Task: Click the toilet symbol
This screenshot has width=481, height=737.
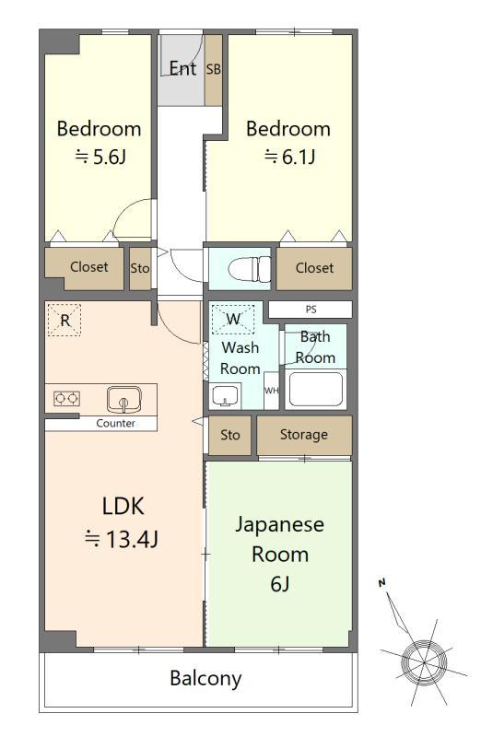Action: [x=249, y=269]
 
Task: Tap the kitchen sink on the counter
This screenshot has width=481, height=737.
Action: [x=123, y=399]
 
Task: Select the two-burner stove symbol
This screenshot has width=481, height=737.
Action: [x=66, y=399]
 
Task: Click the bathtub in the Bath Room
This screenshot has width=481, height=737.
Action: [x=315, y=389]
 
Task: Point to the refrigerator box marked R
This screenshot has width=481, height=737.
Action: [x=65, y=320]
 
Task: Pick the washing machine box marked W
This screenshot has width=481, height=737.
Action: [x=233, y=320]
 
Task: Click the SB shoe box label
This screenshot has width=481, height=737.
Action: [x=214, y=69]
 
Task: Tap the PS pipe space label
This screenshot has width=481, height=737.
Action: [x=311, y=310]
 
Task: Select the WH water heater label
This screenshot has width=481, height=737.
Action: [x=271, y=391]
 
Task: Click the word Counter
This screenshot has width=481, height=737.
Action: [x=116, y=423]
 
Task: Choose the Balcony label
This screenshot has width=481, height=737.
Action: [x=205, y=678]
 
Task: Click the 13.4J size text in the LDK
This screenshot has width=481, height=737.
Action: [x=122, y=539]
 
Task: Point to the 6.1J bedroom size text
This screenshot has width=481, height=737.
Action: [x=289, y=157]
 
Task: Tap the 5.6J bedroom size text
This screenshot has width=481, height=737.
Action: [x=100, y=157]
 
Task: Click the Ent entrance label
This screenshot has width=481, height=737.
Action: [x=182, y=68]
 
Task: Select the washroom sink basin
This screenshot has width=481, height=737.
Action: [x=224, y=395]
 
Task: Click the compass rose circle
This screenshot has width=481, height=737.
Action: [x=424, y=662]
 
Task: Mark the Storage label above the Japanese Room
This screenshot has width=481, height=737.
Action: [x=304, y=435]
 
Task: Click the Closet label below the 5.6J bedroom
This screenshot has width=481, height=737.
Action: [x=88, y=267]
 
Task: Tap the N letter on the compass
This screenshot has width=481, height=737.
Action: [x=381, y=583]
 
